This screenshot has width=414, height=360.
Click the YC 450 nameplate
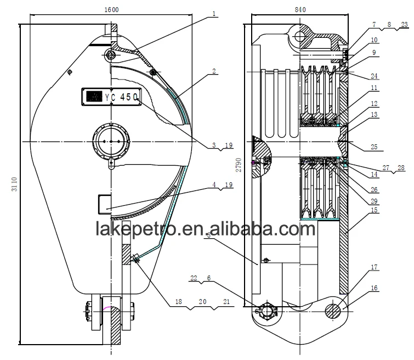tap(111, 97)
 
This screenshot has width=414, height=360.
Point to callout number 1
tap(215, 14)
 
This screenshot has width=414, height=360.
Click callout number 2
tap(214, 71)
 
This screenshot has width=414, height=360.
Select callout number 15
tap(374, 210)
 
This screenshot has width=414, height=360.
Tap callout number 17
tap(375, 268)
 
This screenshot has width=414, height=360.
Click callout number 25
tap(374, 148)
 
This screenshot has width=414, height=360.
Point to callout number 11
tap(374, 88)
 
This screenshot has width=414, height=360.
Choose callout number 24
tap(374, 76)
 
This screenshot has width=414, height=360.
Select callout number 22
tap(193, 278)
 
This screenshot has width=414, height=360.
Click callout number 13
tap(374, 114)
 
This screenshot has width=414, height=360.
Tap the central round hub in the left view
tap(111, 141)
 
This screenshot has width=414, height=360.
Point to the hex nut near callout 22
tap(268, 311)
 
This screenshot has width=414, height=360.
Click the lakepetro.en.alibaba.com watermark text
tap(206, 228)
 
